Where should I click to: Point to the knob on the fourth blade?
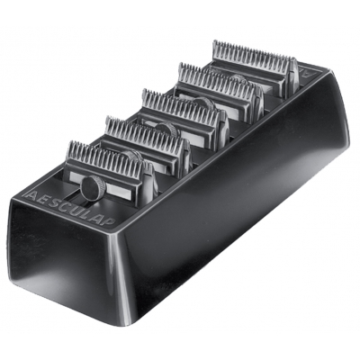239,85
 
